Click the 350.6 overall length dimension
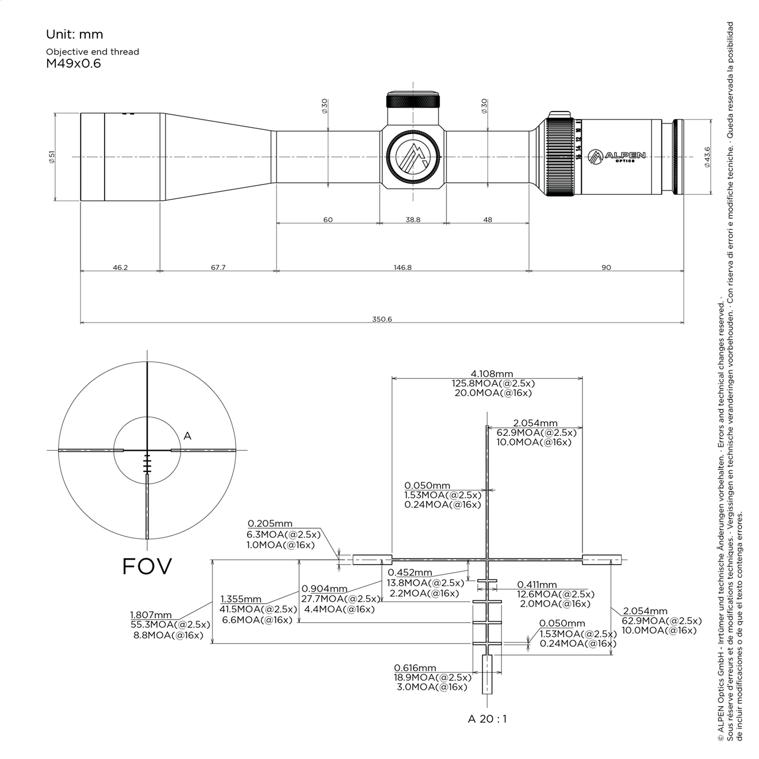[382, 319]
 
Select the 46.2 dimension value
[120, 267]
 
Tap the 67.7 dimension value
[218, 267]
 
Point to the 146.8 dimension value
[402, 267]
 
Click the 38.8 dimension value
[413, 220]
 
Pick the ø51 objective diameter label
[52, 156]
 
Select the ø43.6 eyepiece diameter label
[707, 156]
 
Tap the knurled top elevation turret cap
[413, 100]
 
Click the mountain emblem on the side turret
[413, 157]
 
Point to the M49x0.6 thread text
[73, 64]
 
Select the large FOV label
[147, 566]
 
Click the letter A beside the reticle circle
[187, 436]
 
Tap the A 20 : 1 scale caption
[487, 719]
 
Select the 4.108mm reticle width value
[492, 374]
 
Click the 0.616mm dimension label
[415, 668]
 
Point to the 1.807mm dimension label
[151, 615]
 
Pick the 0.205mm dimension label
[270, 524]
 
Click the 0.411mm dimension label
[537, 585]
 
